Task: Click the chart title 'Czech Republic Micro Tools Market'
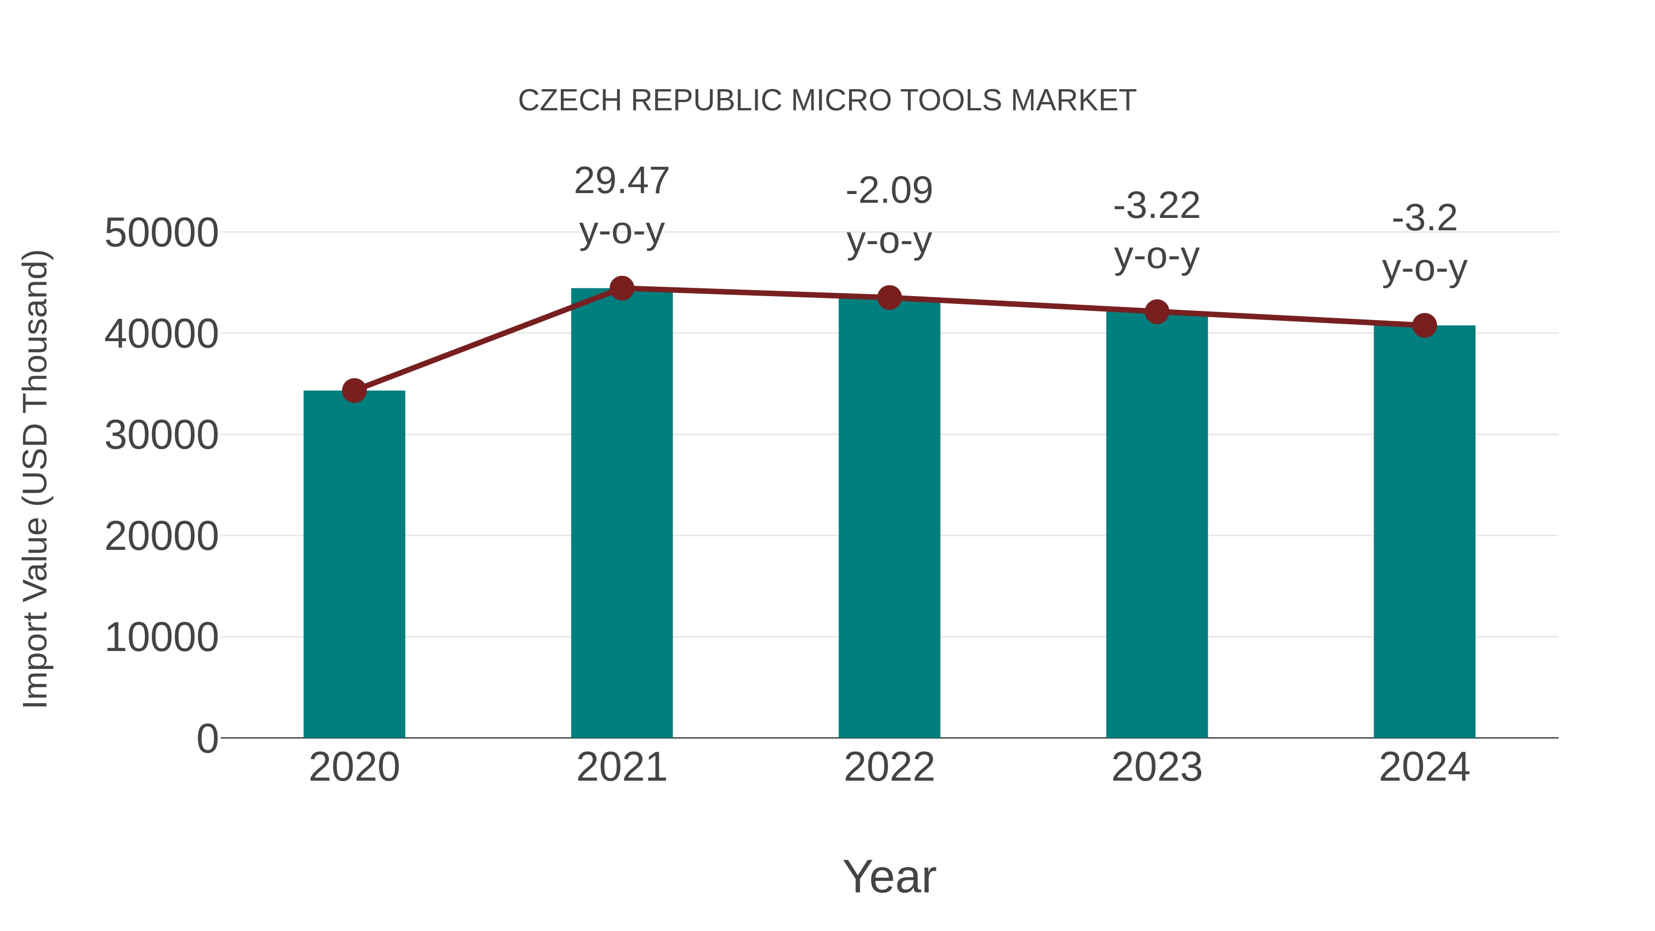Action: [827, 101]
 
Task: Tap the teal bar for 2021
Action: [621, 514]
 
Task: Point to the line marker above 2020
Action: [354, 390]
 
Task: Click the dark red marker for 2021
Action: [621, 288]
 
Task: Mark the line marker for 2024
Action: [1424, 325]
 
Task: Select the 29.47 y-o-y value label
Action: [621, 206]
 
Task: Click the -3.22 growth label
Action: [1157, 231]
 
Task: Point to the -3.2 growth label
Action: [1424, 243]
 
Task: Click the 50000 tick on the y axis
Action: [161, 233]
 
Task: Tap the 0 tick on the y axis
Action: [207, 738]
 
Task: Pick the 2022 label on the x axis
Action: [889, 767]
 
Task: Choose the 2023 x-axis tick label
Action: [1157, 767]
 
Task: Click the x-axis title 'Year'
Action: [889, 876]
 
